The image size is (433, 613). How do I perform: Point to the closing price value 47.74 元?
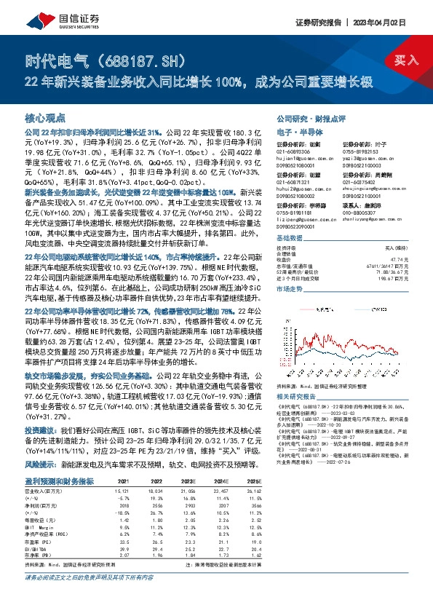(x=405, y=258)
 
